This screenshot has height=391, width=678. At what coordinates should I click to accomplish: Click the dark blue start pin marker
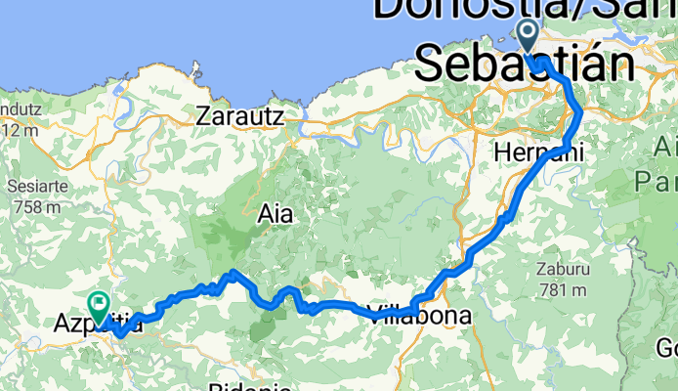click(529, 37)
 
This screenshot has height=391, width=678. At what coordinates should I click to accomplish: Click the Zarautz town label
click(239, 115)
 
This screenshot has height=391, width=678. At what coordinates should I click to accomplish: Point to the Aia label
click(275, 212)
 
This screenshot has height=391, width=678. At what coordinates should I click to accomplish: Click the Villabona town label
click(420, 316)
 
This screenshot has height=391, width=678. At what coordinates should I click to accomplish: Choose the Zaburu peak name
click(559, 266)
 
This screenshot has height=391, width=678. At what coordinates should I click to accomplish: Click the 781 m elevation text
click(561, 289)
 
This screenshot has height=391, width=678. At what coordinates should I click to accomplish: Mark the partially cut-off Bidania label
click(244, 386)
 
